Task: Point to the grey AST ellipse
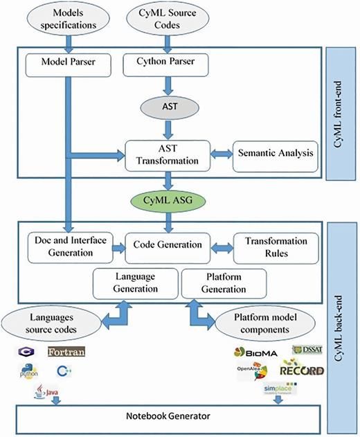[166, 109]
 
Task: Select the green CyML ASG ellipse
[166, 201]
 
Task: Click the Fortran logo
[69, 353]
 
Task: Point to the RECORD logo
[301, 371]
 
